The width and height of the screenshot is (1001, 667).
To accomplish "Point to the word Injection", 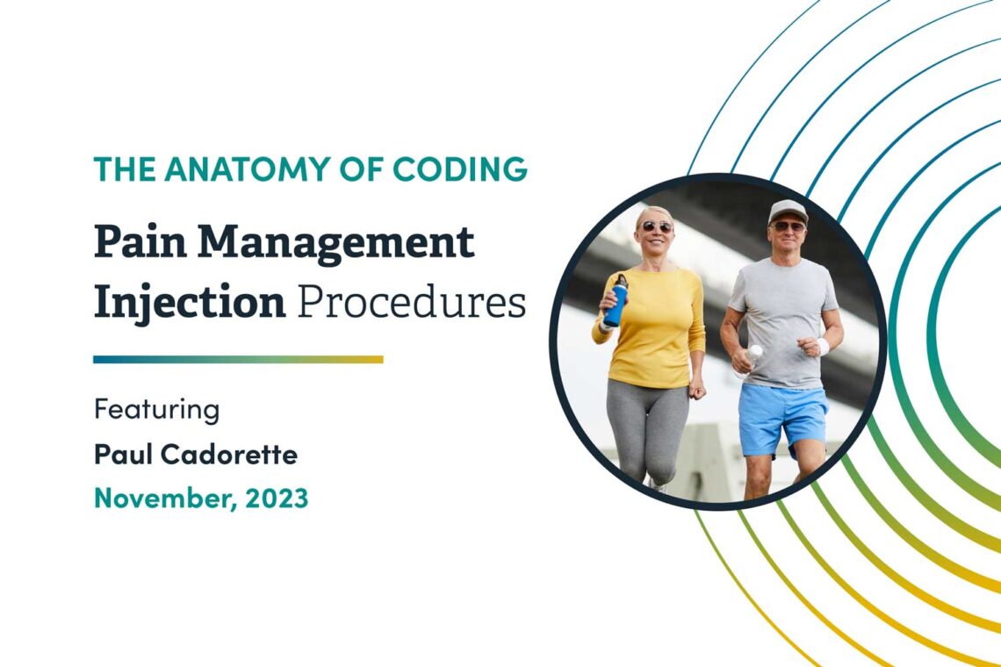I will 190,301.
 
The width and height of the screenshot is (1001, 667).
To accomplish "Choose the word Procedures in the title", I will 412,301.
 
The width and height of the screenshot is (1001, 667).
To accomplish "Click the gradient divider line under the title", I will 238,359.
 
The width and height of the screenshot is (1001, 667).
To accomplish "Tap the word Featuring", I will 156,410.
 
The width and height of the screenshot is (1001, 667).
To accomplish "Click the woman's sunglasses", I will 655,226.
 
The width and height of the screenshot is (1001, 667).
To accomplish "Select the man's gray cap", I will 787,211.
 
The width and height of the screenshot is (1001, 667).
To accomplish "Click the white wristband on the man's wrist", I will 822,346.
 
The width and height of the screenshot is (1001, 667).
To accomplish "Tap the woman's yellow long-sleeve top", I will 654,325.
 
